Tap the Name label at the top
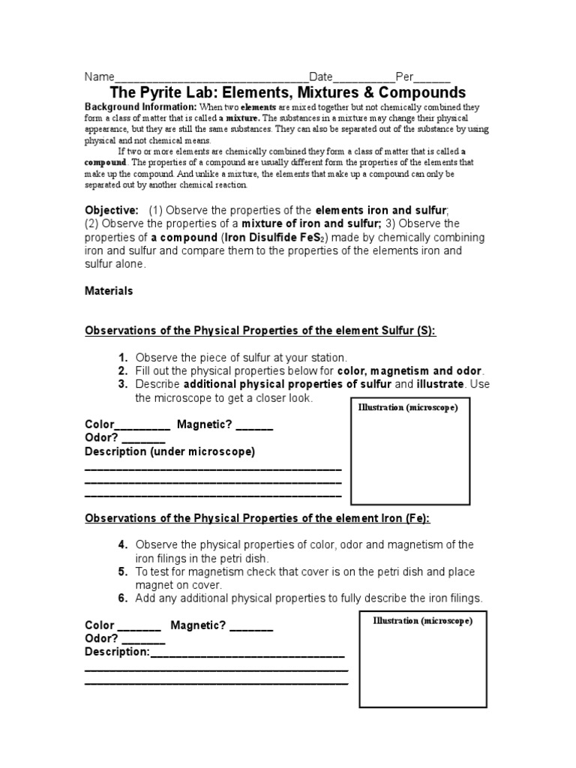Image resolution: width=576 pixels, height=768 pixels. coord(98,77)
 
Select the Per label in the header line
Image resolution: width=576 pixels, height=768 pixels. coord(404,77)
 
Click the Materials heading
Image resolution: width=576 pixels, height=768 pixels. coord(109,291)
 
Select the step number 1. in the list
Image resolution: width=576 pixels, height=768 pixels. coord(123,358)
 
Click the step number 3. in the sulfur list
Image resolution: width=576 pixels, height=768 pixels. coord(123,385)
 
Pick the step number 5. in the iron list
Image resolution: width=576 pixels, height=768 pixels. coord(123,571)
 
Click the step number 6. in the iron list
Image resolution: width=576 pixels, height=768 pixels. coord(123,598)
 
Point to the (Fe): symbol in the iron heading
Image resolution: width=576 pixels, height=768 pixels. coord(417,518)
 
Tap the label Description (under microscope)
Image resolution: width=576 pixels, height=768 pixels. coord(169,451)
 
